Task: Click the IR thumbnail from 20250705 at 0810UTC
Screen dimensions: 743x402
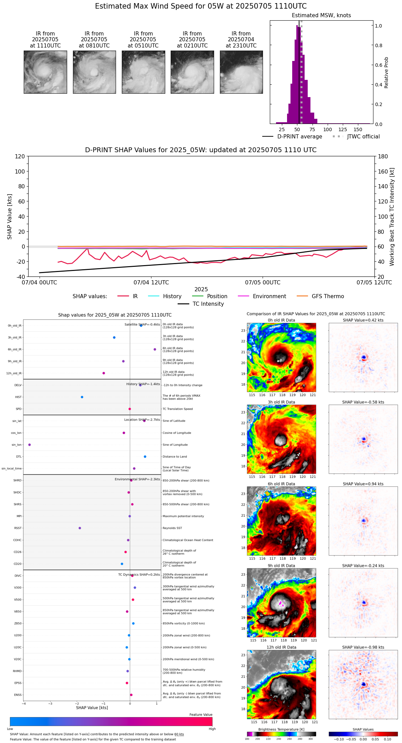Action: pyautogui.click(x=94, y=72)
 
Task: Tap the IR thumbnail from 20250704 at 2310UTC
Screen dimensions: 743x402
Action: pyautogui.click(x=241, y=72)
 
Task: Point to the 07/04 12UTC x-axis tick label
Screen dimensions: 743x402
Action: pyautogui.click(x=151, y=283)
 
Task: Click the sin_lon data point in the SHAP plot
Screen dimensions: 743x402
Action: pyautogui.click(x=30, y=445)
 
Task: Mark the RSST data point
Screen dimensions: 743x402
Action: pyautogui.click(x=80, y=528)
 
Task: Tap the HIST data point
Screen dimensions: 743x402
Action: pyautogui.click(x=82, y=397)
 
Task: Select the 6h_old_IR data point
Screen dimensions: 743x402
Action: pyautogui.click(x=155, y=349)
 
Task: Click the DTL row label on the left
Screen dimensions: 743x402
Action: pyautogui.click(x=19, y=457)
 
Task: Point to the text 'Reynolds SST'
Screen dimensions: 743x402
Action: pyautogui.click(x=172, y=528)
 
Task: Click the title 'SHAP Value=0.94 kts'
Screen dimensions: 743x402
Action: pyautogui.click(x=363, y=484)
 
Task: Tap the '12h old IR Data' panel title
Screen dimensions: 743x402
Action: pyautogui.click(x=281, y=647)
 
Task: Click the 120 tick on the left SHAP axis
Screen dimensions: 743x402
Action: pyautogui.click(x=20, y=157)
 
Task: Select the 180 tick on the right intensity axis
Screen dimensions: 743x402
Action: pyautogui.click(x=383, y=157)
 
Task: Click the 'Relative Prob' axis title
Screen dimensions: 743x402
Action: pyautogui.click(x=387, y=73)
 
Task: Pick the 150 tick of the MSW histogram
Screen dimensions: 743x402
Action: pyautogui.click(x=358, y=130)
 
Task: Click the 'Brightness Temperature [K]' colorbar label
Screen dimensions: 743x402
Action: pyautogui.click(x=281, y=729)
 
